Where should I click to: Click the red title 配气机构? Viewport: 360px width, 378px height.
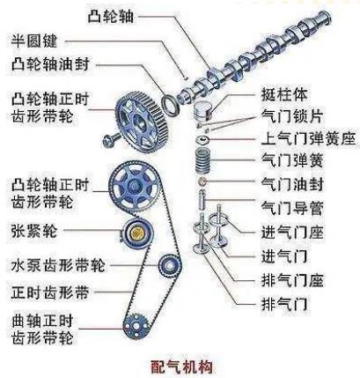[x=182, y=367]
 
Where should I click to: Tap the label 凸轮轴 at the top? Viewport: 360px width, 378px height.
[x=111, y=16]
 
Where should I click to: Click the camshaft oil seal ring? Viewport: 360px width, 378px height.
[x=170, y=104]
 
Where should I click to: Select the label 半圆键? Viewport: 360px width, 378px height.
[x=34, y=41]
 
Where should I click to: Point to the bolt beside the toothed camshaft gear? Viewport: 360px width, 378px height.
[x=111, y=139]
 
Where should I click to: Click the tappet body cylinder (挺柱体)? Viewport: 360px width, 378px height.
[x=202, y=111]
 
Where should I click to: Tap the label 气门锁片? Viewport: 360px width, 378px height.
[x=292, y=116]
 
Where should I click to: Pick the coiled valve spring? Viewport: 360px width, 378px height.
[x=203, y=161]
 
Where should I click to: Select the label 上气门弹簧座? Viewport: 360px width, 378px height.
[x=308, y=138]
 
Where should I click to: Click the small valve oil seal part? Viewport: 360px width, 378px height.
[x=202, y=182]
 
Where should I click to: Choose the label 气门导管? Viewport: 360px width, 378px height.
[x=292, y=208]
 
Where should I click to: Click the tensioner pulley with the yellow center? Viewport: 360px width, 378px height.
[x=136, y=233]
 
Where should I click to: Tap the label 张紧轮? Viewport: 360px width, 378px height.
[x=34, y=231]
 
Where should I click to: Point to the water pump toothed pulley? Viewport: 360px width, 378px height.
[x=169, y=266]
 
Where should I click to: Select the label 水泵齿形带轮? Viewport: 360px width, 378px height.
[x=58, y=265]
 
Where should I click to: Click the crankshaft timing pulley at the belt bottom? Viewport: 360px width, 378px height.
[x=136, y=327]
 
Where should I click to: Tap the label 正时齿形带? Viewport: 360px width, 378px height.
[x=50, y=293]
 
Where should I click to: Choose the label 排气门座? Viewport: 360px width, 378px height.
[x=292, y=280]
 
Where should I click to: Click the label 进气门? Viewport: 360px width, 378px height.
[x=284, y=256]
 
